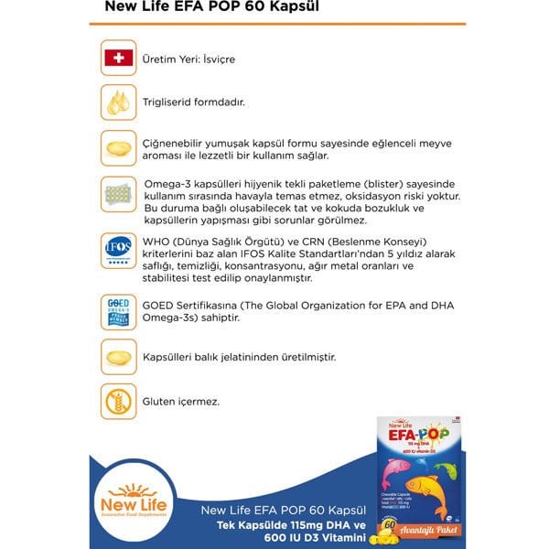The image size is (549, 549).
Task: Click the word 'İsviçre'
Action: coord(218,59)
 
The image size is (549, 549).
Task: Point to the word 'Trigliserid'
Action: coord(167,103)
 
